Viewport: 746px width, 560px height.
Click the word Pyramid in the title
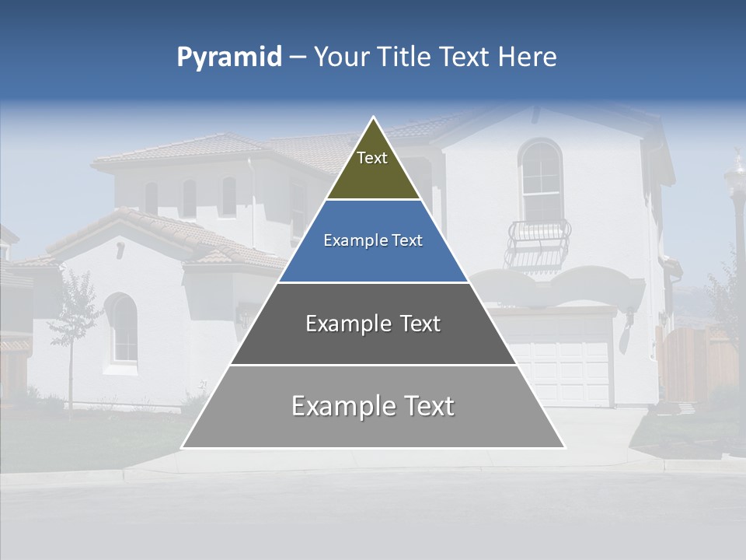point(228,58)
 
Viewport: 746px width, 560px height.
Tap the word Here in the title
point(527,57)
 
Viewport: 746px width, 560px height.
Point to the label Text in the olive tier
point(372,158)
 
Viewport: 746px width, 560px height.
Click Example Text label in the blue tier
point(373,240)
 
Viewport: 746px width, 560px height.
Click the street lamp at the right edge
point(735,202)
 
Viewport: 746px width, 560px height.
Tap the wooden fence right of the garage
point(696,362)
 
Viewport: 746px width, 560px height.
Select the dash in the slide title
point(297,58)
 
